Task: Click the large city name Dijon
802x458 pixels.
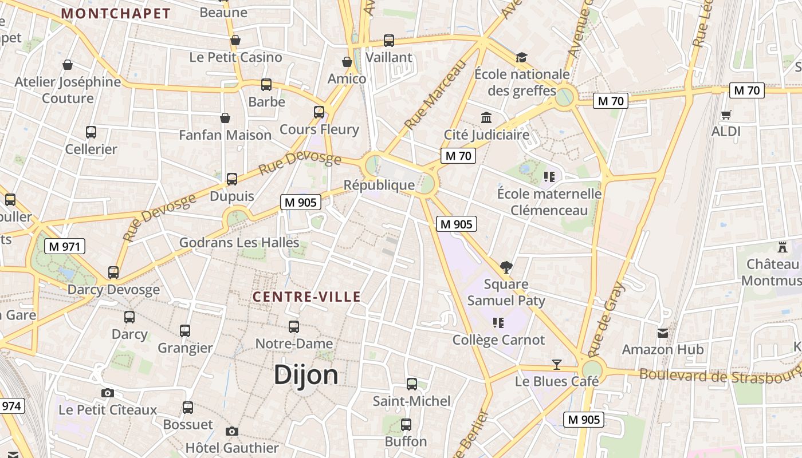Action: pyautogui.click(x=306, y=375)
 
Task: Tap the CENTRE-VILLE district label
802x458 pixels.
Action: pyautogui.click(x=307, y=297)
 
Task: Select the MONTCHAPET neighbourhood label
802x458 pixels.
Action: pyautogui.click(x=116, y=14)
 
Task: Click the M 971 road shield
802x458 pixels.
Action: pyautogui.click(x=65, y=247)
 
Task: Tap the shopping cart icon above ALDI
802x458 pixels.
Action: pyautogui.click(x=726, y=114)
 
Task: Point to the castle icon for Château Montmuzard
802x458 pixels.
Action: pyautogui.click(x=783, y=247)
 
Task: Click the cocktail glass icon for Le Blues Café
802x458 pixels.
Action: pyautogui.click(x=556, y=364)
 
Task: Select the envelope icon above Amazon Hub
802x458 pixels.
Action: pyautogui.click(x=663, y=333)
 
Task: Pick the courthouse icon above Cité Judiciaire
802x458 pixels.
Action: pyautogui.click(x=486, y=117)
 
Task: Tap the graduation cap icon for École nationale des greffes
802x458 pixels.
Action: pyautogui.click(x=521, y=57)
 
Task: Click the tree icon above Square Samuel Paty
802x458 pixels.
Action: pyautogui.click(x=506, y=267)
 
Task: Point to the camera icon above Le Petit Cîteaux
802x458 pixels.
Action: pyautogui.click(x=107, y=393)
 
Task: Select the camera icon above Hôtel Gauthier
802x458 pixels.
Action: pyautogui.click(x=231, y=431)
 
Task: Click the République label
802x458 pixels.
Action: pyautogui.click(x=379, y=185)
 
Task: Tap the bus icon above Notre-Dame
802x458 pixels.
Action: pyautogui.click(x=294, y=327)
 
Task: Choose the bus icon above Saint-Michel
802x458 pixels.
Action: pyautogui.click(x=411, y=384)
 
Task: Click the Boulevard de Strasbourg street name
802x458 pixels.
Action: pyautogui.click(x=719, y=376)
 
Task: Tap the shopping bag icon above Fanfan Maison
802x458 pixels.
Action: pyautogui.click(x=225, y=118)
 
